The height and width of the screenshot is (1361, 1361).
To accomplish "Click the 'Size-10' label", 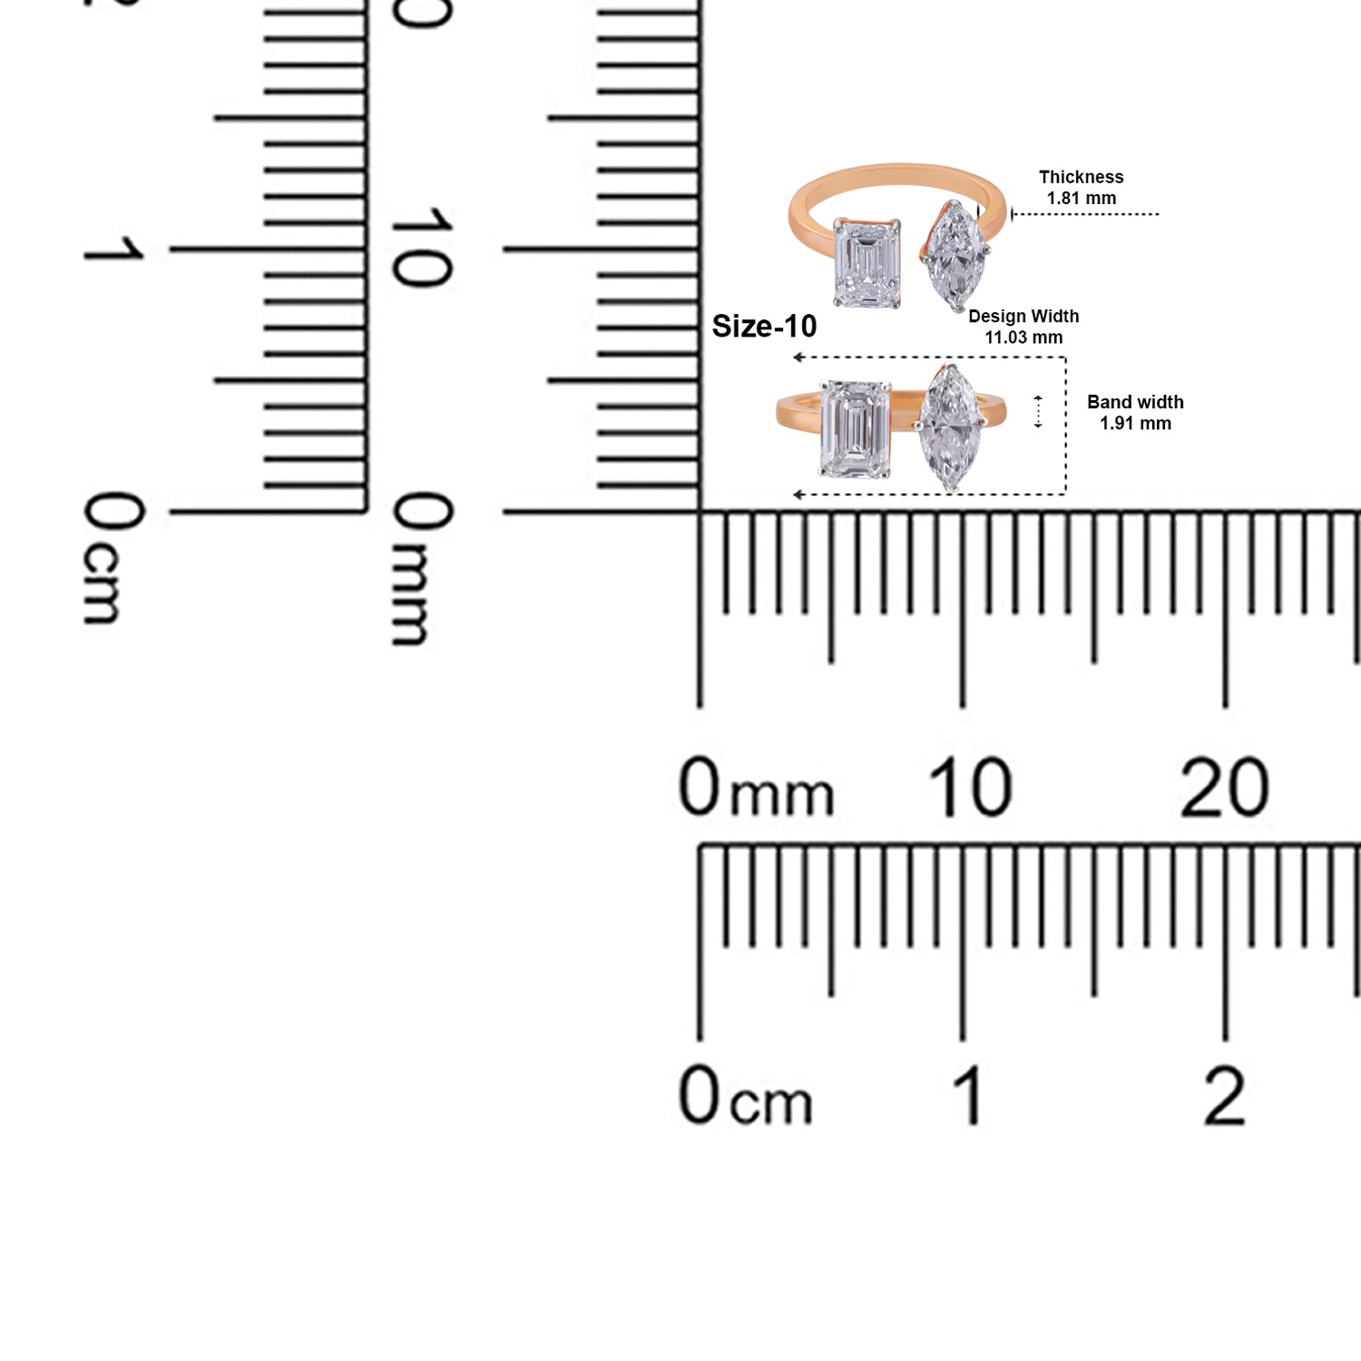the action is (764, 326).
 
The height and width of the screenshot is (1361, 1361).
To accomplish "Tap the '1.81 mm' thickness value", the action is (1082, 198).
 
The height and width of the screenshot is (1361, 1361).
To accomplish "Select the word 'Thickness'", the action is (1082, 177).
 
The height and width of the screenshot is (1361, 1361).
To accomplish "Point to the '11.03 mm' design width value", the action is (1023, 338).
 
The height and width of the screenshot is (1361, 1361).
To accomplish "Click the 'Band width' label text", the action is (1135, 402).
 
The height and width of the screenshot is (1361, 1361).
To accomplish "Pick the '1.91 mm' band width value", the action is (1135, 424).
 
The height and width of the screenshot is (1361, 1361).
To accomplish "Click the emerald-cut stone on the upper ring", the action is (867, 263).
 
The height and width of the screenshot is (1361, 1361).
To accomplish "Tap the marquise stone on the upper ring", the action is (952, 257).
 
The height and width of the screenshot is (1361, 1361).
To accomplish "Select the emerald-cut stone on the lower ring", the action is (855, 428).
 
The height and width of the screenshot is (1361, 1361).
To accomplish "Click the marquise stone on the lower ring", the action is (949, 426).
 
